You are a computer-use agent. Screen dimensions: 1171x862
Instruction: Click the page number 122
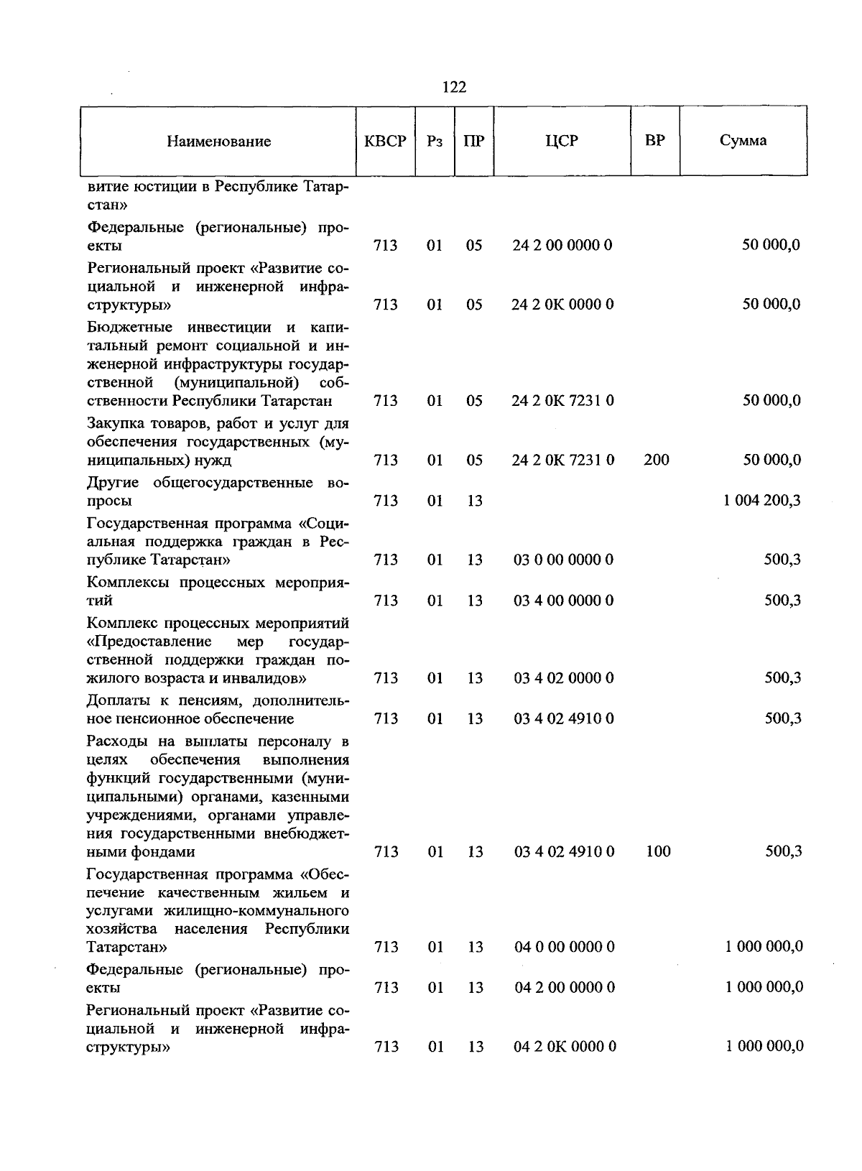tap(454, 88)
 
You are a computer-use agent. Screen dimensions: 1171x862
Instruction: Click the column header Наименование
tap(219, 142)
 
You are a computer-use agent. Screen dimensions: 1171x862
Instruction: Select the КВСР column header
tap(385, 141)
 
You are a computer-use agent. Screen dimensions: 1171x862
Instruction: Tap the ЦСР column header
tap(562, 141)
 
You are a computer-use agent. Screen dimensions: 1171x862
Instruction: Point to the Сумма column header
tap(743, 141)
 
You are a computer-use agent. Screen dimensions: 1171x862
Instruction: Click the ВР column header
tap(655, 141)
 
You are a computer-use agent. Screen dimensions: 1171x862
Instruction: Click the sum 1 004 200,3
tap(762, 501)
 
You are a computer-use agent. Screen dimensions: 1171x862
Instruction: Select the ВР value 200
tap(657, 460)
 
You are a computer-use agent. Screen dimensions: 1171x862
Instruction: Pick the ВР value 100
tap(658, 852)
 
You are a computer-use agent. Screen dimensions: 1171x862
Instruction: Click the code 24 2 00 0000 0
tap(562, 246)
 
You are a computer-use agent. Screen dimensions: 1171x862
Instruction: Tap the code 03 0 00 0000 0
tap(563, 560)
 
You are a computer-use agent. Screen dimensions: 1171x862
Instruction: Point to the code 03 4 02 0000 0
tap(563, 678)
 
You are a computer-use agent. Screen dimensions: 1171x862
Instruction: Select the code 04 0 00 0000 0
tap(564, 948)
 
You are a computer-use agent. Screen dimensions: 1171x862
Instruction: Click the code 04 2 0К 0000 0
tap(565, 1047)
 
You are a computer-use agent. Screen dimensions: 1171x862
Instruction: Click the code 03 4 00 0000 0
tap(563, 601)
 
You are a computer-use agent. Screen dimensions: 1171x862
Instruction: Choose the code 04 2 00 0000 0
tap(564, 988)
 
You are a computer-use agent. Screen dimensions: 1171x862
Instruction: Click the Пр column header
tap(474, 141)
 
